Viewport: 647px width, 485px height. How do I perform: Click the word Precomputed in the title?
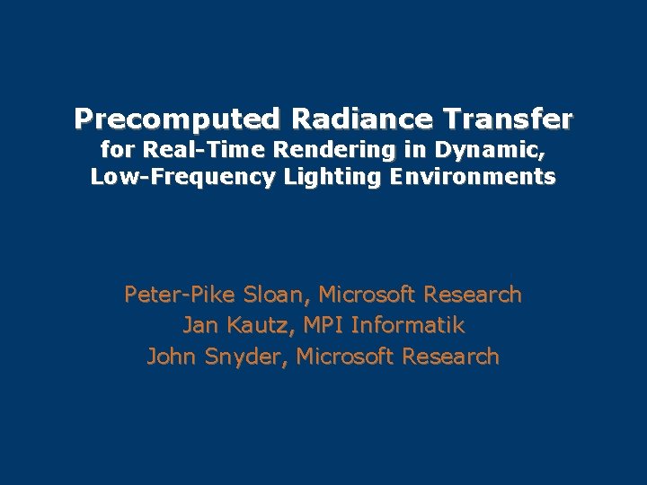coord(176,119)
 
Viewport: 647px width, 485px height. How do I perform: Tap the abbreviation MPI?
coord(323,325)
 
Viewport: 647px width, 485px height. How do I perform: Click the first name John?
coord(172,357)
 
